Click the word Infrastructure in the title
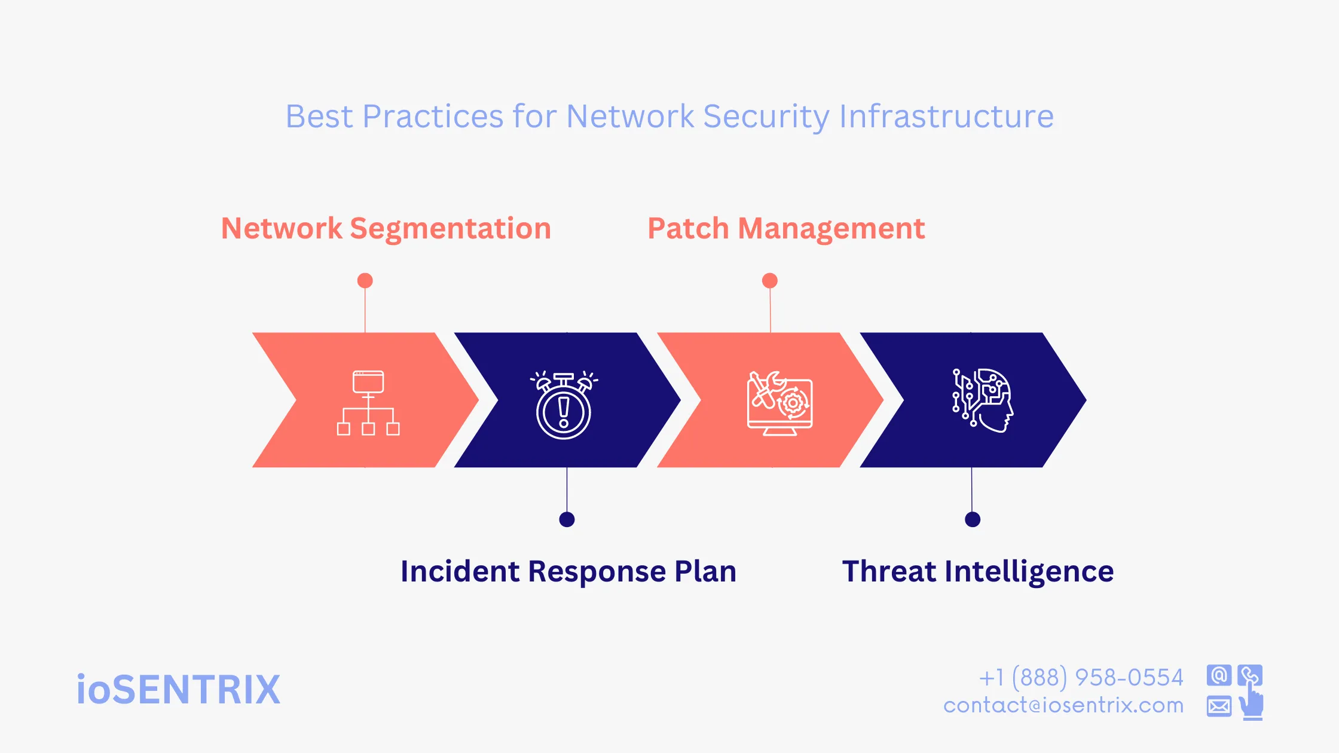[946, 116]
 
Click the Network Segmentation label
[386, 228]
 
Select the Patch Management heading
[786, 228]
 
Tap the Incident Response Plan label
[568, 571]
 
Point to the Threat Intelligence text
[978, 571]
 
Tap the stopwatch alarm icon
[564, 405]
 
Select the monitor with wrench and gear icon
[779, 403]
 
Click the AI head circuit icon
[983, 400]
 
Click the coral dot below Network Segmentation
[365, 280]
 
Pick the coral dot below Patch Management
[770, 280]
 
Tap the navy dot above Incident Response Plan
[567, 519]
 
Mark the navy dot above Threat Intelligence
[973, 519]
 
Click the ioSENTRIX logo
[178, 690]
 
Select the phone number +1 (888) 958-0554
[1081, 678]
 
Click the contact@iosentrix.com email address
[1063, 705]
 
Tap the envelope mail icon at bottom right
[1219, 706]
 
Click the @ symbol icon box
[1219, 675]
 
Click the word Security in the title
[766, 116]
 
